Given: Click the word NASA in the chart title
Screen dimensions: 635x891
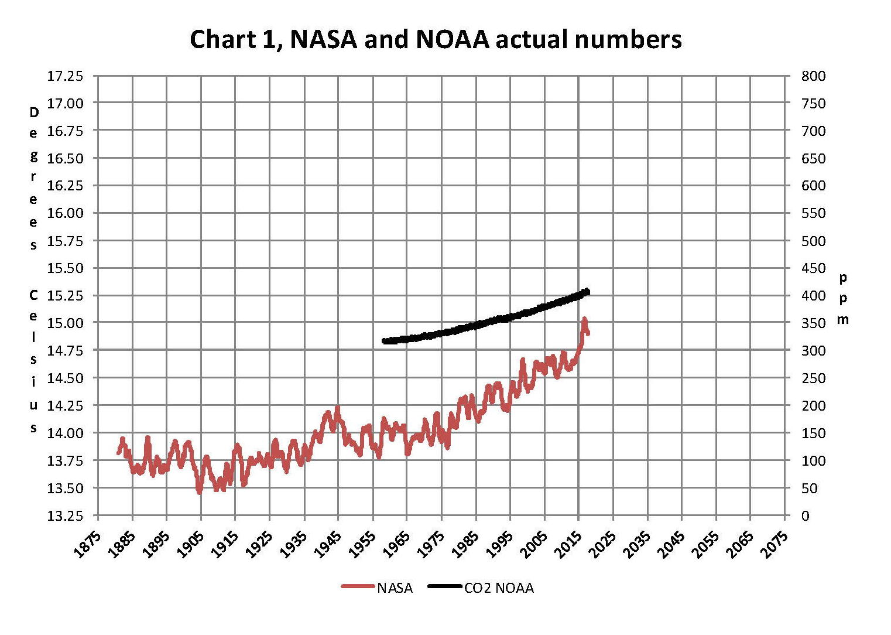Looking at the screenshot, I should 323,40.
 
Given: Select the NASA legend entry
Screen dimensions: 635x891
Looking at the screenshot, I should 395,588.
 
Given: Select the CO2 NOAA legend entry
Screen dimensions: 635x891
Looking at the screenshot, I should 499,588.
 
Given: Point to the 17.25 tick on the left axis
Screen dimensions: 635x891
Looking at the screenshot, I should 65,76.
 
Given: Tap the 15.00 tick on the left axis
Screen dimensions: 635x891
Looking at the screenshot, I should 65,323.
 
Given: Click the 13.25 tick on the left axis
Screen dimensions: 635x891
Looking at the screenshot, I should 65,515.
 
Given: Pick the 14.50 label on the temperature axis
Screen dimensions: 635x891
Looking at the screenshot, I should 65,378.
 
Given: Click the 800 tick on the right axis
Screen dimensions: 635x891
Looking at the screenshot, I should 813,76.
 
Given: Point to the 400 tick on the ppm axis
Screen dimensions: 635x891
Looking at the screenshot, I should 813,295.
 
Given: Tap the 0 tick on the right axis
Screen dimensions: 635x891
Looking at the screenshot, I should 806,515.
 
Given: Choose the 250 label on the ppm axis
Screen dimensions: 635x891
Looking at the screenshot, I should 813,378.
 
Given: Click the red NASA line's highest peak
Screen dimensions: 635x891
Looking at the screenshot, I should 584,319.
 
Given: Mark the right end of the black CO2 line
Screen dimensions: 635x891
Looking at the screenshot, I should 587,292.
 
